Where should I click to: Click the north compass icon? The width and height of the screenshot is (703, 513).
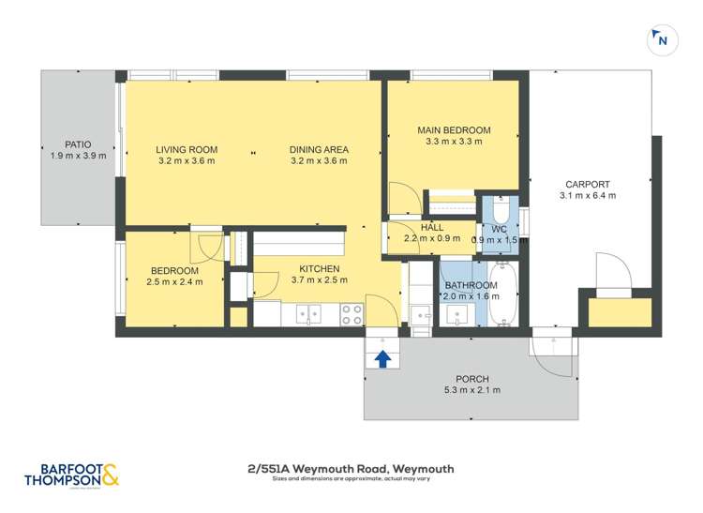pos(662,39)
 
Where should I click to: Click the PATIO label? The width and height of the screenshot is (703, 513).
pos(78,144)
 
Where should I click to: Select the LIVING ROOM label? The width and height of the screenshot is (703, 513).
pos(187,149)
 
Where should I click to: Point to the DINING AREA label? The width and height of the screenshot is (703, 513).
pos(319,149)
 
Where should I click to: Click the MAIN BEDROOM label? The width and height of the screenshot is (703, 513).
pos(454,130)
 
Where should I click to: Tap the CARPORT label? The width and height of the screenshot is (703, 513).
pos(588,184)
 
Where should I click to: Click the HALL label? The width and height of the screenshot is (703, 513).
pos(432,227)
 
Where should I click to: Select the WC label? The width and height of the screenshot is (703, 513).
pos(500,228)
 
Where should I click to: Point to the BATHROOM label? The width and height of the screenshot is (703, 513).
pos(471,285)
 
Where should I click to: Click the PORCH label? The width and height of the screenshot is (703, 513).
pos(472,379)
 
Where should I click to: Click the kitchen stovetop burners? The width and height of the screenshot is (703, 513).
pos(352,314)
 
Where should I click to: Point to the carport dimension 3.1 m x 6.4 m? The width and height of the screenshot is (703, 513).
pos(588,196)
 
